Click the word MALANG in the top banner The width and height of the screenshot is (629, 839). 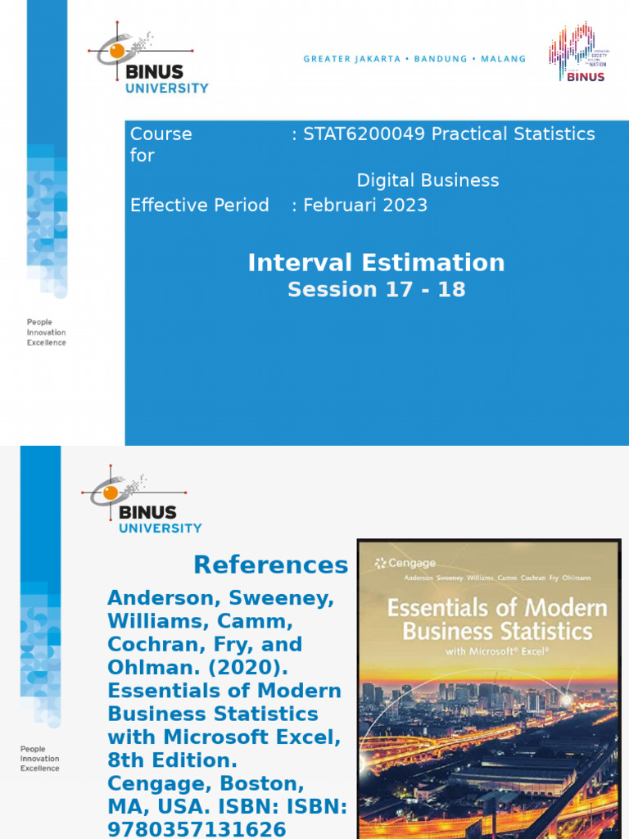503,59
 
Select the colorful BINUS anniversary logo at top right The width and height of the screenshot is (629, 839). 577,52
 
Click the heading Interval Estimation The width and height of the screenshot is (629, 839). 376,262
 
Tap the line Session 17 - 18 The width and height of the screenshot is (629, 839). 376,289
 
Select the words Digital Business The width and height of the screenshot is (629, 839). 428,180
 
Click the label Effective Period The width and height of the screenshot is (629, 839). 199,205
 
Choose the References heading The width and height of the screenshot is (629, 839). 270,565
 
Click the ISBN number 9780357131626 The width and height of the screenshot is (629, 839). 197,829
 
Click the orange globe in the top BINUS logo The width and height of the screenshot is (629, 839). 117,51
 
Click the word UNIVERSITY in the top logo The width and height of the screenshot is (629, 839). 167,88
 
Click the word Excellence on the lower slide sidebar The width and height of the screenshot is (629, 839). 40,768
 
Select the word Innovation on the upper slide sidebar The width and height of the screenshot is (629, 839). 46,333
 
